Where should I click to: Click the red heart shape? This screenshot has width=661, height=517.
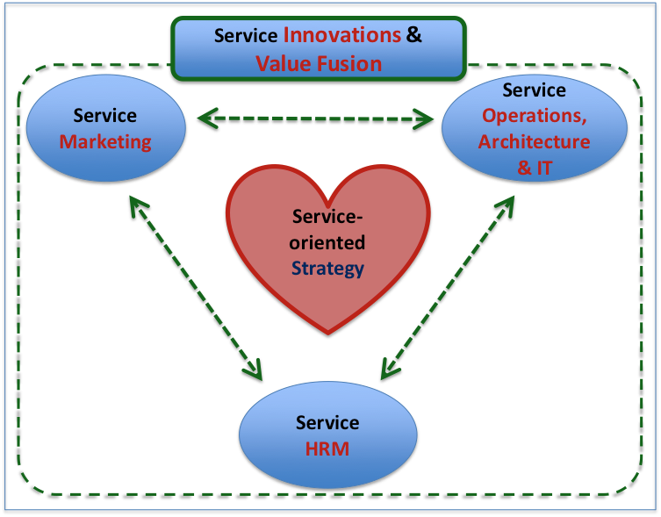click(x=328, y=290)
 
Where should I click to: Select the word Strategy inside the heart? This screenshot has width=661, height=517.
click(x=327, y=269)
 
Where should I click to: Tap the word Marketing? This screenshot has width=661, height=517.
click(x=105, y=141)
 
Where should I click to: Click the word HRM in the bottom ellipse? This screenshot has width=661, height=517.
click(x=327, y=449)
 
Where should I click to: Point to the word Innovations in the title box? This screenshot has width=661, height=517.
click(x=342, y=36)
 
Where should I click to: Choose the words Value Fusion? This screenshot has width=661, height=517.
click(x=319, y=63)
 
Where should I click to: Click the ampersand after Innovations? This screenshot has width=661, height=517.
click(x=414, y=36)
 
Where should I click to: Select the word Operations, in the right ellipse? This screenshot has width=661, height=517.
click(x=534, y=116)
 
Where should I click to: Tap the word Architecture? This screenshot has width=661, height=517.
click(x=534, y=141)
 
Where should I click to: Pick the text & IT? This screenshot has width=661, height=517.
click(x=534, y=167)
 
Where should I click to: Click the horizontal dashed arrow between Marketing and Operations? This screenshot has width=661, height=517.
click(x=315, y=117)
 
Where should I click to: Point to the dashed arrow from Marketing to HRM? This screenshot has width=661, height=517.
click(x=195, y=286)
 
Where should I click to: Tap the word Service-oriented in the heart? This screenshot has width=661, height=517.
click(x=327, y=230)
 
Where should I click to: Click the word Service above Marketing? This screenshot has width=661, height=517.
click(x=105, y=116)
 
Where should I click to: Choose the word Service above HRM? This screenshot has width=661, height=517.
click(x=327, y=423)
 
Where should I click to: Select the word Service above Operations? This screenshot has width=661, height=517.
click(x=534, y=90)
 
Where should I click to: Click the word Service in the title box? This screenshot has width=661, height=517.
click(x=246, y=36)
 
